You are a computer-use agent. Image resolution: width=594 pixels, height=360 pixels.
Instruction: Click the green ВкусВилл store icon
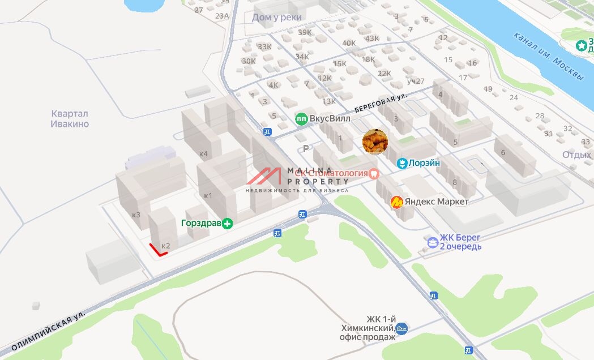[x=301, y=119]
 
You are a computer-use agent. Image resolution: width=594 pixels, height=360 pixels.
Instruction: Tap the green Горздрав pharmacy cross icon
[x=228, y=224]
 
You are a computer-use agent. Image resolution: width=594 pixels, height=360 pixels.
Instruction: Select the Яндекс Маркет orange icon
[x=398, y=202]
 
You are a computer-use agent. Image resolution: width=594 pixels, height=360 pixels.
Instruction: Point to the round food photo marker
[x=375, y=142]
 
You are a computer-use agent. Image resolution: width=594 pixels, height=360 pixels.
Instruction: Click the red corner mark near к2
[x=157, y=251]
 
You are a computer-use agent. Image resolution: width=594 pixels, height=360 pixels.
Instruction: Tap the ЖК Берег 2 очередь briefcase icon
[x=433, y=242]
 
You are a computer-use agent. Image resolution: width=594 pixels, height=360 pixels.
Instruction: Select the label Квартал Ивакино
[x=70, y=119]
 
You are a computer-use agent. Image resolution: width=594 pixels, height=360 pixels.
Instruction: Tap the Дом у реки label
[x=277, y=18]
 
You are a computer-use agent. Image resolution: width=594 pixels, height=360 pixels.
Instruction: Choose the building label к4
[x=203, y=153]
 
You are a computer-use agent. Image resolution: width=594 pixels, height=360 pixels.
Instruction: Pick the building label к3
[x=136, y=215]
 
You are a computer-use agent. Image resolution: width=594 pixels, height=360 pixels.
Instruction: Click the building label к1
[x=208, y=196]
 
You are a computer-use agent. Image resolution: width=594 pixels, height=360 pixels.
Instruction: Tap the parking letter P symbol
[x=306, y=149]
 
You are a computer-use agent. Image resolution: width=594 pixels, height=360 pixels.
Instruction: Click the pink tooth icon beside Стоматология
[x=373, y=173]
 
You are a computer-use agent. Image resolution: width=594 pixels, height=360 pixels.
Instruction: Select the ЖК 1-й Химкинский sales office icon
[x=402, y=328]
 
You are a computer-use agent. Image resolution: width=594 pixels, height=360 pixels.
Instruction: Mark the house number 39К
[x=305, y=32]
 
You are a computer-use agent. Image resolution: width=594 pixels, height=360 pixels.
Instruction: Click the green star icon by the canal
[x=582, y=45]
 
